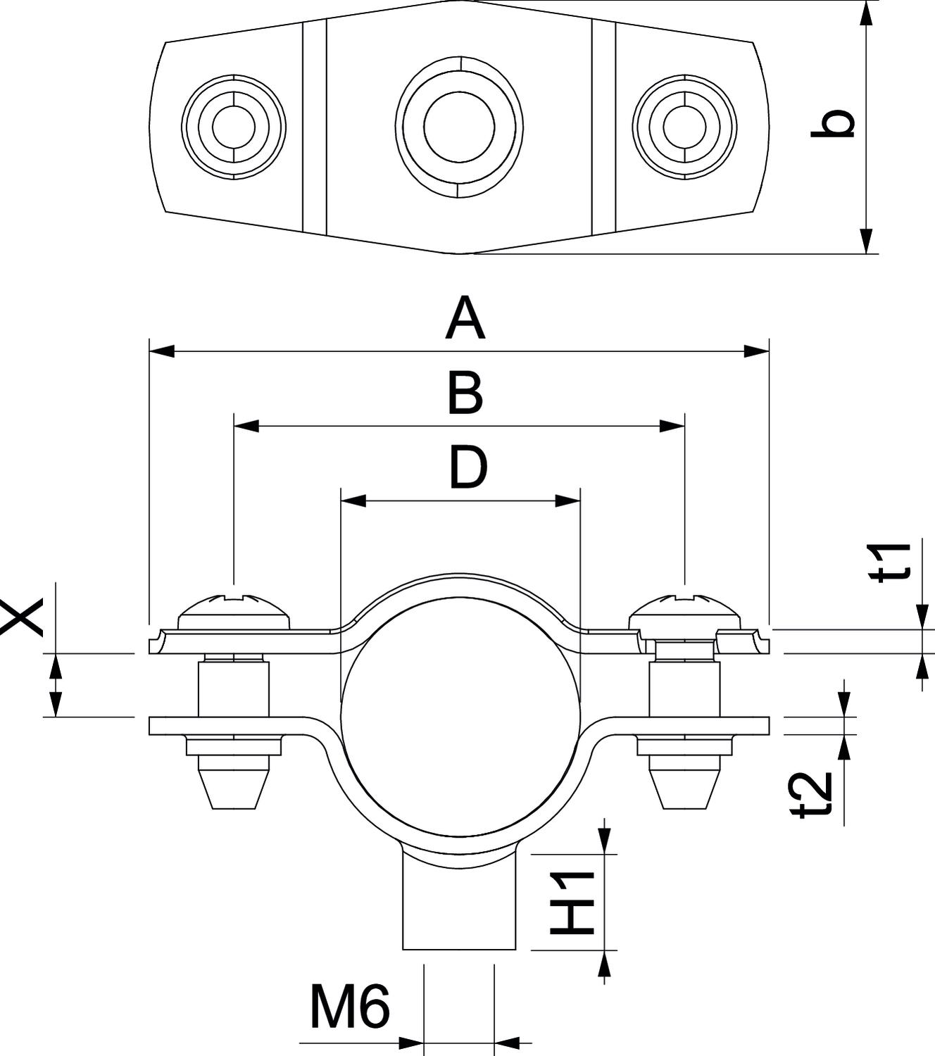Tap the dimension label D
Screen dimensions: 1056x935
468,468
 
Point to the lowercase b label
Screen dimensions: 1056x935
833,124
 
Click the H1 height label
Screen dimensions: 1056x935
572,903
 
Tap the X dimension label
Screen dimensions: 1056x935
21,617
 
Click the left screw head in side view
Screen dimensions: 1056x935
234,613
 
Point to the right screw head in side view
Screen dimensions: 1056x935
684,613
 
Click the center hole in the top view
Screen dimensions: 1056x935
459,126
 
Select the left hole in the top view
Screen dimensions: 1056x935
233,127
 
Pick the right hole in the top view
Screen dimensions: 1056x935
684,127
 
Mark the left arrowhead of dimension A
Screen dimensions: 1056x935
161,351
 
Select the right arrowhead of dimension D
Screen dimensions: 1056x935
568,501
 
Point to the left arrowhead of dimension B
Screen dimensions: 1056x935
246,426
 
